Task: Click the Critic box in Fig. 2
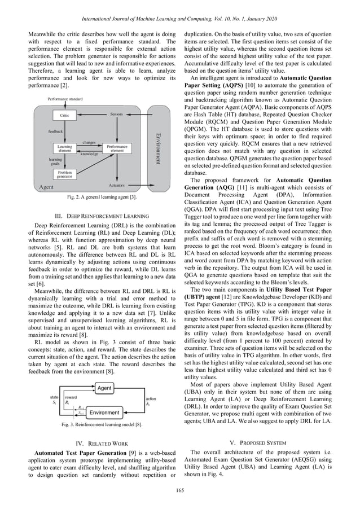pyautogui.click(x=65, y=116)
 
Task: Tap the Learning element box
pyautogui.click(x=65, y=148)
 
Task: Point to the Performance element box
pyautogui.click(x=117, y=148)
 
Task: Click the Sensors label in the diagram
pyautogui.click(x=117, y=114)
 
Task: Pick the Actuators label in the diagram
pyautogui.click(x=116, y=185)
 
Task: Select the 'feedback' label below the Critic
pyautogui.click(x=55, y=130)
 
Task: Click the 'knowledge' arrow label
pyautogui.click(x=89, y=153)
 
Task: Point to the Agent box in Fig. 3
pyautogui.click(x=104, y=389)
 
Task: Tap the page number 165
pyautogui.click(x=180, y=489)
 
